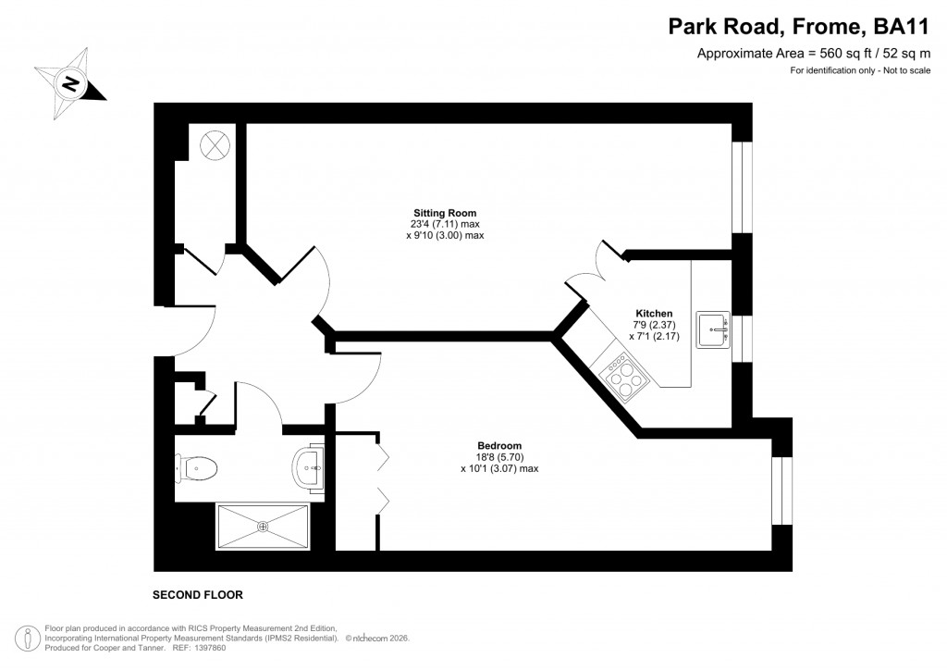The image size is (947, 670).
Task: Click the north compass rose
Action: point(70,84)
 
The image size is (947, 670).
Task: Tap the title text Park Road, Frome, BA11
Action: point(799,28)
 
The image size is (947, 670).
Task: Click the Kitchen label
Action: point(654,313)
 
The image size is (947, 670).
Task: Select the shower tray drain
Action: point(263,527)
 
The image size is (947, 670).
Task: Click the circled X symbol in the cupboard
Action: point(215,143)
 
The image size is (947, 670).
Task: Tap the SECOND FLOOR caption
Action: point(199,594)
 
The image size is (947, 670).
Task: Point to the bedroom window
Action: point(781,491)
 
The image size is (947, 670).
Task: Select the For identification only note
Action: point(859,71)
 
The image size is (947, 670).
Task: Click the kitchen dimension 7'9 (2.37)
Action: point(654,325)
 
